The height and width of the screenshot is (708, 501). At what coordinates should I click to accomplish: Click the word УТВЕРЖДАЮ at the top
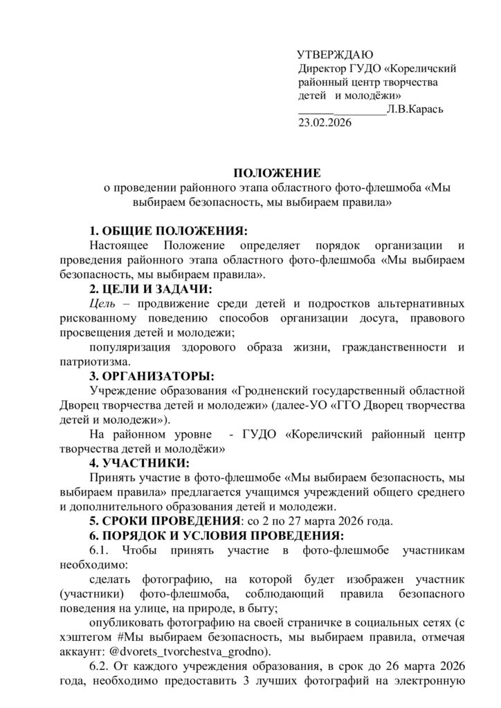335,55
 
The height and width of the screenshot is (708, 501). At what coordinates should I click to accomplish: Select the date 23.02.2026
325,123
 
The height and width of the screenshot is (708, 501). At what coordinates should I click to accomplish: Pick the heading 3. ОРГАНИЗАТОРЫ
152,377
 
